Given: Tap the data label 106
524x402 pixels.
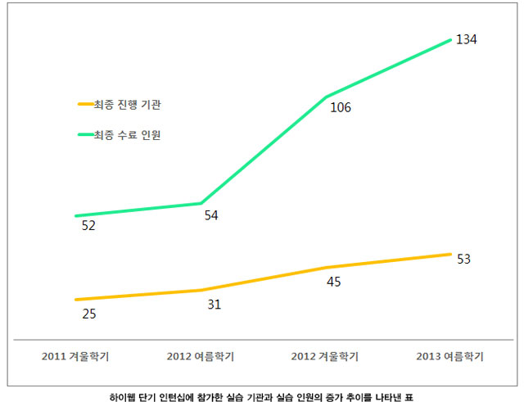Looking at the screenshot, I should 341,107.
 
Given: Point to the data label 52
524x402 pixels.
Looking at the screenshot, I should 88,226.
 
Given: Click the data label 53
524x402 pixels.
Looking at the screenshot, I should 463,260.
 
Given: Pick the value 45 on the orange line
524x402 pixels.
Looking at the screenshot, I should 333,282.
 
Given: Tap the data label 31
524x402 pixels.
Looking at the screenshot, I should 214,305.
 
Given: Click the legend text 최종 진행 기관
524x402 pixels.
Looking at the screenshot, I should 133,105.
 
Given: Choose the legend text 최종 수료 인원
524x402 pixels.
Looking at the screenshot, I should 133,134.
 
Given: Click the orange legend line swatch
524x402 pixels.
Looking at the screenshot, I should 85,105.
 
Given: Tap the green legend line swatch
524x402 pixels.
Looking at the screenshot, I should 85,134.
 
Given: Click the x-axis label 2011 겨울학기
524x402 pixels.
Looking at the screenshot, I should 75,357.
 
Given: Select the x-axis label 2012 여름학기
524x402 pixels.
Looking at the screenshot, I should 200,357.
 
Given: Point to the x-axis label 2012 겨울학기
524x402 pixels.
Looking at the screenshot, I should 325,357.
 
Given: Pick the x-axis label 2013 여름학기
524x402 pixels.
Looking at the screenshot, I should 449,357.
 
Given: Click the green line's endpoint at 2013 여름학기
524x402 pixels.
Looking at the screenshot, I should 450,38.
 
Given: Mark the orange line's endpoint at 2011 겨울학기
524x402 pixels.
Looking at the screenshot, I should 75,300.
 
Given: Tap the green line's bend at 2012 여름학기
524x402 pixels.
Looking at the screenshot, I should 201,203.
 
